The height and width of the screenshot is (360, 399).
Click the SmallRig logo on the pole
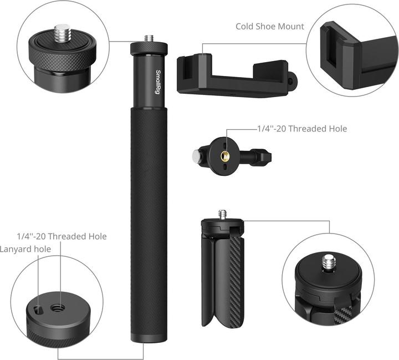point(158,82)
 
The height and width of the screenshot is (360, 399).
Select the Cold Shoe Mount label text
point(269,26)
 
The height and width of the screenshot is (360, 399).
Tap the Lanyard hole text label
point(25,249)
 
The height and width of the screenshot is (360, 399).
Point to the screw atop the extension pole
point(149,39)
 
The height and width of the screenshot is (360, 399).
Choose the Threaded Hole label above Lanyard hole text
point(62,236)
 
